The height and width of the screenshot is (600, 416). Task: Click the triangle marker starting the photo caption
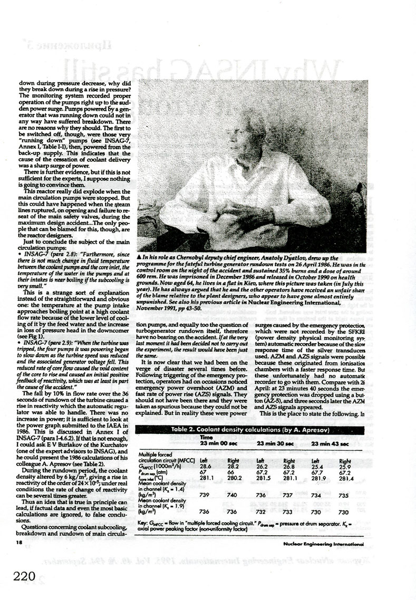click(139, 256)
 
